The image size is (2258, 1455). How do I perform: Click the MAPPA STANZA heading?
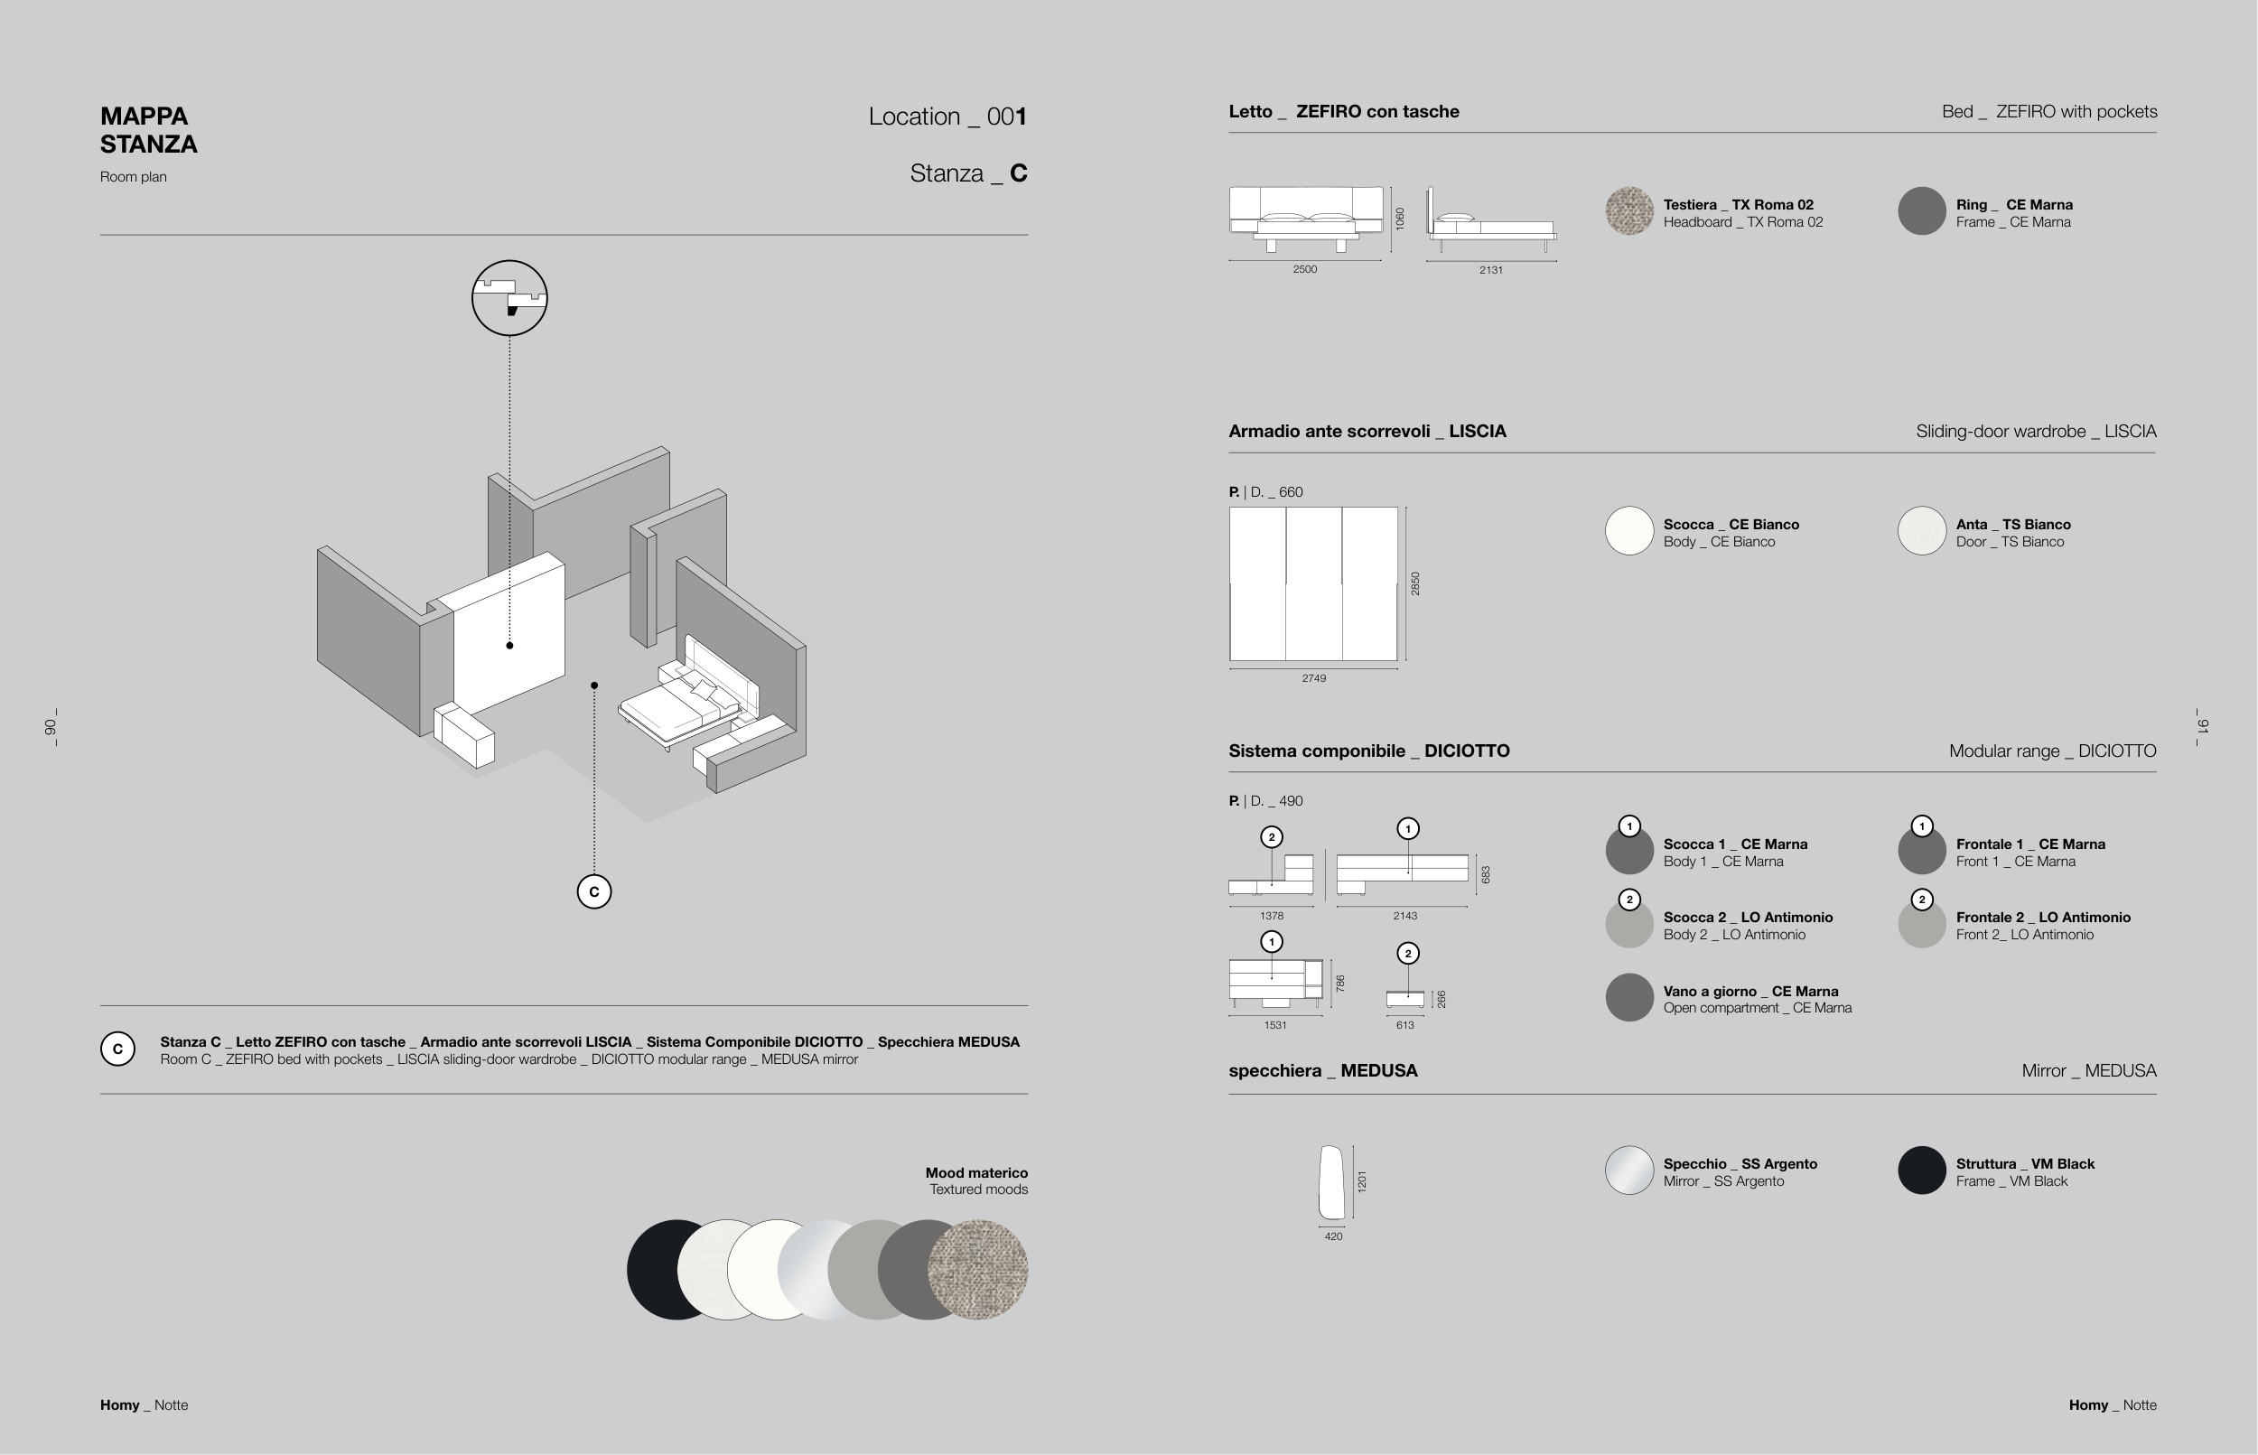(x=148, y=130)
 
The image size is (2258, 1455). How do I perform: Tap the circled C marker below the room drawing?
(x=593, y=891)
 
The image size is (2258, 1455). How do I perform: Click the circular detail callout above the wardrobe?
(x=509, y=298)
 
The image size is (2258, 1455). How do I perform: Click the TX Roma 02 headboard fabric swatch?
(x=1628, y=210)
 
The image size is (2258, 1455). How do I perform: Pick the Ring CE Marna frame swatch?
(x=1921, y=210)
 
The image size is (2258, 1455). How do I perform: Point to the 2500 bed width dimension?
(x=1304, y=269)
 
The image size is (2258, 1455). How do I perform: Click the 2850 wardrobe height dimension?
(x=1414, y=583)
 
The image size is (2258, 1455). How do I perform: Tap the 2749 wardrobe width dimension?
(x=1313, y=678)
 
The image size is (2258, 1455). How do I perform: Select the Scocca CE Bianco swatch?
(x=1628, y=530)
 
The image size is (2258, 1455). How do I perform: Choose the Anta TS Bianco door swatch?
(x=1921, y=530)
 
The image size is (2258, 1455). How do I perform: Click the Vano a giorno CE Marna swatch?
(x=1628, y=997)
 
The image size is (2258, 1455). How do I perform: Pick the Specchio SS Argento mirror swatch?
(x=1628, y=1171)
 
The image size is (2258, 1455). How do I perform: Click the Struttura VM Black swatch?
(x=1921, y=1171)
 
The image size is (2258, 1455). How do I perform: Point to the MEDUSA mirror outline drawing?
(x=1330, y=1182)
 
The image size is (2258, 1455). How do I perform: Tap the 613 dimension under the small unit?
(x=1404, y=1025)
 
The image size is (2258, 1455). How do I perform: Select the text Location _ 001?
(x=947, y=117)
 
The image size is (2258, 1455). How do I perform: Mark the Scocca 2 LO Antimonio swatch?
(x=1628, y=924)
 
